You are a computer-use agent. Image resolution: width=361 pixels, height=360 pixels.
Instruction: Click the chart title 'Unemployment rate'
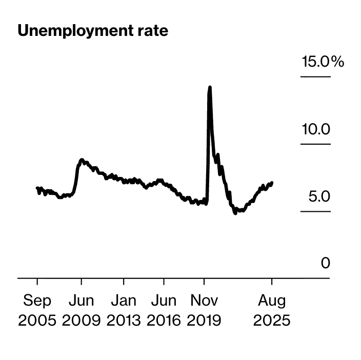click(93, 31)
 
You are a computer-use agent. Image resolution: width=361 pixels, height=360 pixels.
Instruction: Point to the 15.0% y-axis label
click(323, 63)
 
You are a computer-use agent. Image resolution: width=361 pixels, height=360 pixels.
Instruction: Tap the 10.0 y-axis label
click(315, 129)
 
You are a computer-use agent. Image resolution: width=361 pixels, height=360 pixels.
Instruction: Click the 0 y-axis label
click(326, 263)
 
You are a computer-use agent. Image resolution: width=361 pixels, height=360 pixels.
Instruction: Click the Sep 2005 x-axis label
click(37, 310)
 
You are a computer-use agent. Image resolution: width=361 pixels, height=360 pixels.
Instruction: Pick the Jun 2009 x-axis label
click(82, 310)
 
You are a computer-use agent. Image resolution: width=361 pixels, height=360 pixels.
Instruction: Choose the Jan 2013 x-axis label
click(124, 310)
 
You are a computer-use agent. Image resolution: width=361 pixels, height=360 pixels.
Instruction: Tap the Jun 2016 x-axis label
click(164, 310)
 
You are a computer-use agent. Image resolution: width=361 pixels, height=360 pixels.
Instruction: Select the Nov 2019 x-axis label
click(204, 310)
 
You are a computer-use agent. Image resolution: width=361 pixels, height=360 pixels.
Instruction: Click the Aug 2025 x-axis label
click(272, 310)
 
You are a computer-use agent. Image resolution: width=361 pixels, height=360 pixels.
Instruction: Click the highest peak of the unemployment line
click(209, 88)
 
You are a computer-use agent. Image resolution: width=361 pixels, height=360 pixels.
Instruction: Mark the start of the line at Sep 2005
click(37, 188)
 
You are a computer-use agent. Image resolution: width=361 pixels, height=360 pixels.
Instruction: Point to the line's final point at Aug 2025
click(272, 183)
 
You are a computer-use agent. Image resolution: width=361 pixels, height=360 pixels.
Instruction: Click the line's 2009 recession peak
click(82, 160)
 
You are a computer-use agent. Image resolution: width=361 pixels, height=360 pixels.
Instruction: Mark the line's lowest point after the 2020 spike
click(235, 213)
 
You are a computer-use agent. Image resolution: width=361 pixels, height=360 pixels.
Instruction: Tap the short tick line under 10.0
click(315, 144)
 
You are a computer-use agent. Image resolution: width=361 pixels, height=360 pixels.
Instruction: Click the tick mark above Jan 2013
click(124, 282)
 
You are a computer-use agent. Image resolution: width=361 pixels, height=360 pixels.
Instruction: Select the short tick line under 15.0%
click(315, 77)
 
